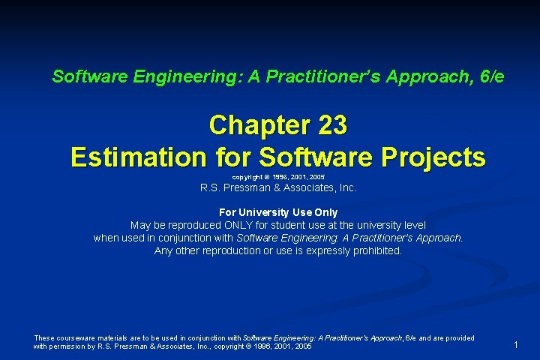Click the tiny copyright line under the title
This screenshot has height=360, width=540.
click(x=278, y=176)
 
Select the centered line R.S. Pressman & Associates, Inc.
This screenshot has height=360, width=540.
click(x=278, y=188)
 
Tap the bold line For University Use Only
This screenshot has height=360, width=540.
click(x=278, y=212)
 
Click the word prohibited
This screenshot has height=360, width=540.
click(x=377, y=250)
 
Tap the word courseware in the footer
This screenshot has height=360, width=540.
click(x=80, y=338)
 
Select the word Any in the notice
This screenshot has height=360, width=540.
click(x=163, y=250)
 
